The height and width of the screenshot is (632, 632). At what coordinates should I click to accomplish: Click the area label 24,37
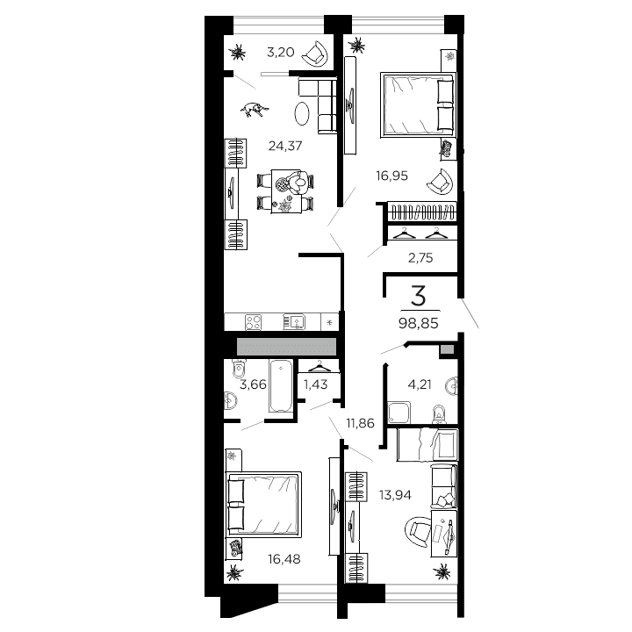286,147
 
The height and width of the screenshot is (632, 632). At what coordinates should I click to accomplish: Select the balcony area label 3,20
280,52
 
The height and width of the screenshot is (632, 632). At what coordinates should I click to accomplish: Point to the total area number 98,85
419,324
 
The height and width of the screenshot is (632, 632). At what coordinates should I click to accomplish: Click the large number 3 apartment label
419,294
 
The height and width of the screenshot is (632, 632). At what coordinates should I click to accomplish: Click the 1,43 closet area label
317,384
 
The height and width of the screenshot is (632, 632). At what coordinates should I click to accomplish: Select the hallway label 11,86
361,423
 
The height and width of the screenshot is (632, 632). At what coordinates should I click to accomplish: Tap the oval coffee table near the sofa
301,113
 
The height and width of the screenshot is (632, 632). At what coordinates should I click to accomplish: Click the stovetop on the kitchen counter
252,322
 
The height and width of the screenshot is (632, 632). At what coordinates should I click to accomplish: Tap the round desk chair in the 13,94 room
415,529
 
